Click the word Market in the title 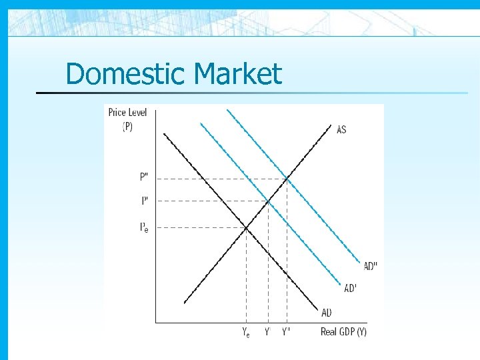237,73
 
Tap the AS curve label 341,129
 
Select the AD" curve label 370,266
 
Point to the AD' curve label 350,288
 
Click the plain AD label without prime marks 327,312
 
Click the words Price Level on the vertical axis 127,113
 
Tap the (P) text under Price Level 127,127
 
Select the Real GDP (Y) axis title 343,332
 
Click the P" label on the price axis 145,177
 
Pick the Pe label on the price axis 144,228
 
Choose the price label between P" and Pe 145,200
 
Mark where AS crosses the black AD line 246,228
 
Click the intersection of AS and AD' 267,200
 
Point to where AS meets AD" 287,178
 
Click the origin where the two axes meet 156,323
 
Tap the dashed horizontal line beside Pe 200,228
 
